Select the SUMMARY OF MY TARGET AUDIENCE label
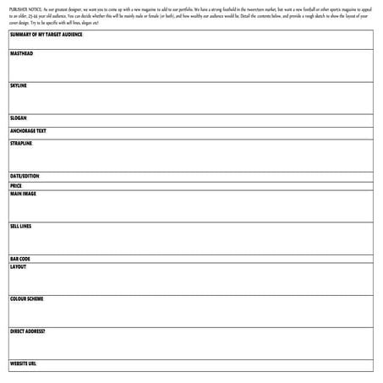(x=47, y=35)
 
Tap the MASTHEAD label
(x=22, y=53)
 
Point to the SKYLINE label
(x=19, y=85)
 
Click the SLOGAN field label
(x=19, y=118)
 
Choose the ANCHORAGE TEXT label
(x=29, y=131)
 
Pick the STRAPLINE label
(x=21, y=144)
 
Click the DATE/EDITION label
(x=25, y=176)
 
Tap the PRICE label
(x=16, y=185)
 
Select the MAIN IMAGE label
(x=24, y=194)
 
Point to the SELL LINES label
(x=21, y=226)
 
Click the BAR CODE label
(x=20, y=259)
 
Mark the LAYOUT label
(x=19, y=266)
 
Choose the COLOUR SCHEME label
(x=27, y=298)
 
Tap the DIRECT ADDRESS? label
(x=28, y=331)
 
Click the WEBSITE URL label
(x=24, y=364)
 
